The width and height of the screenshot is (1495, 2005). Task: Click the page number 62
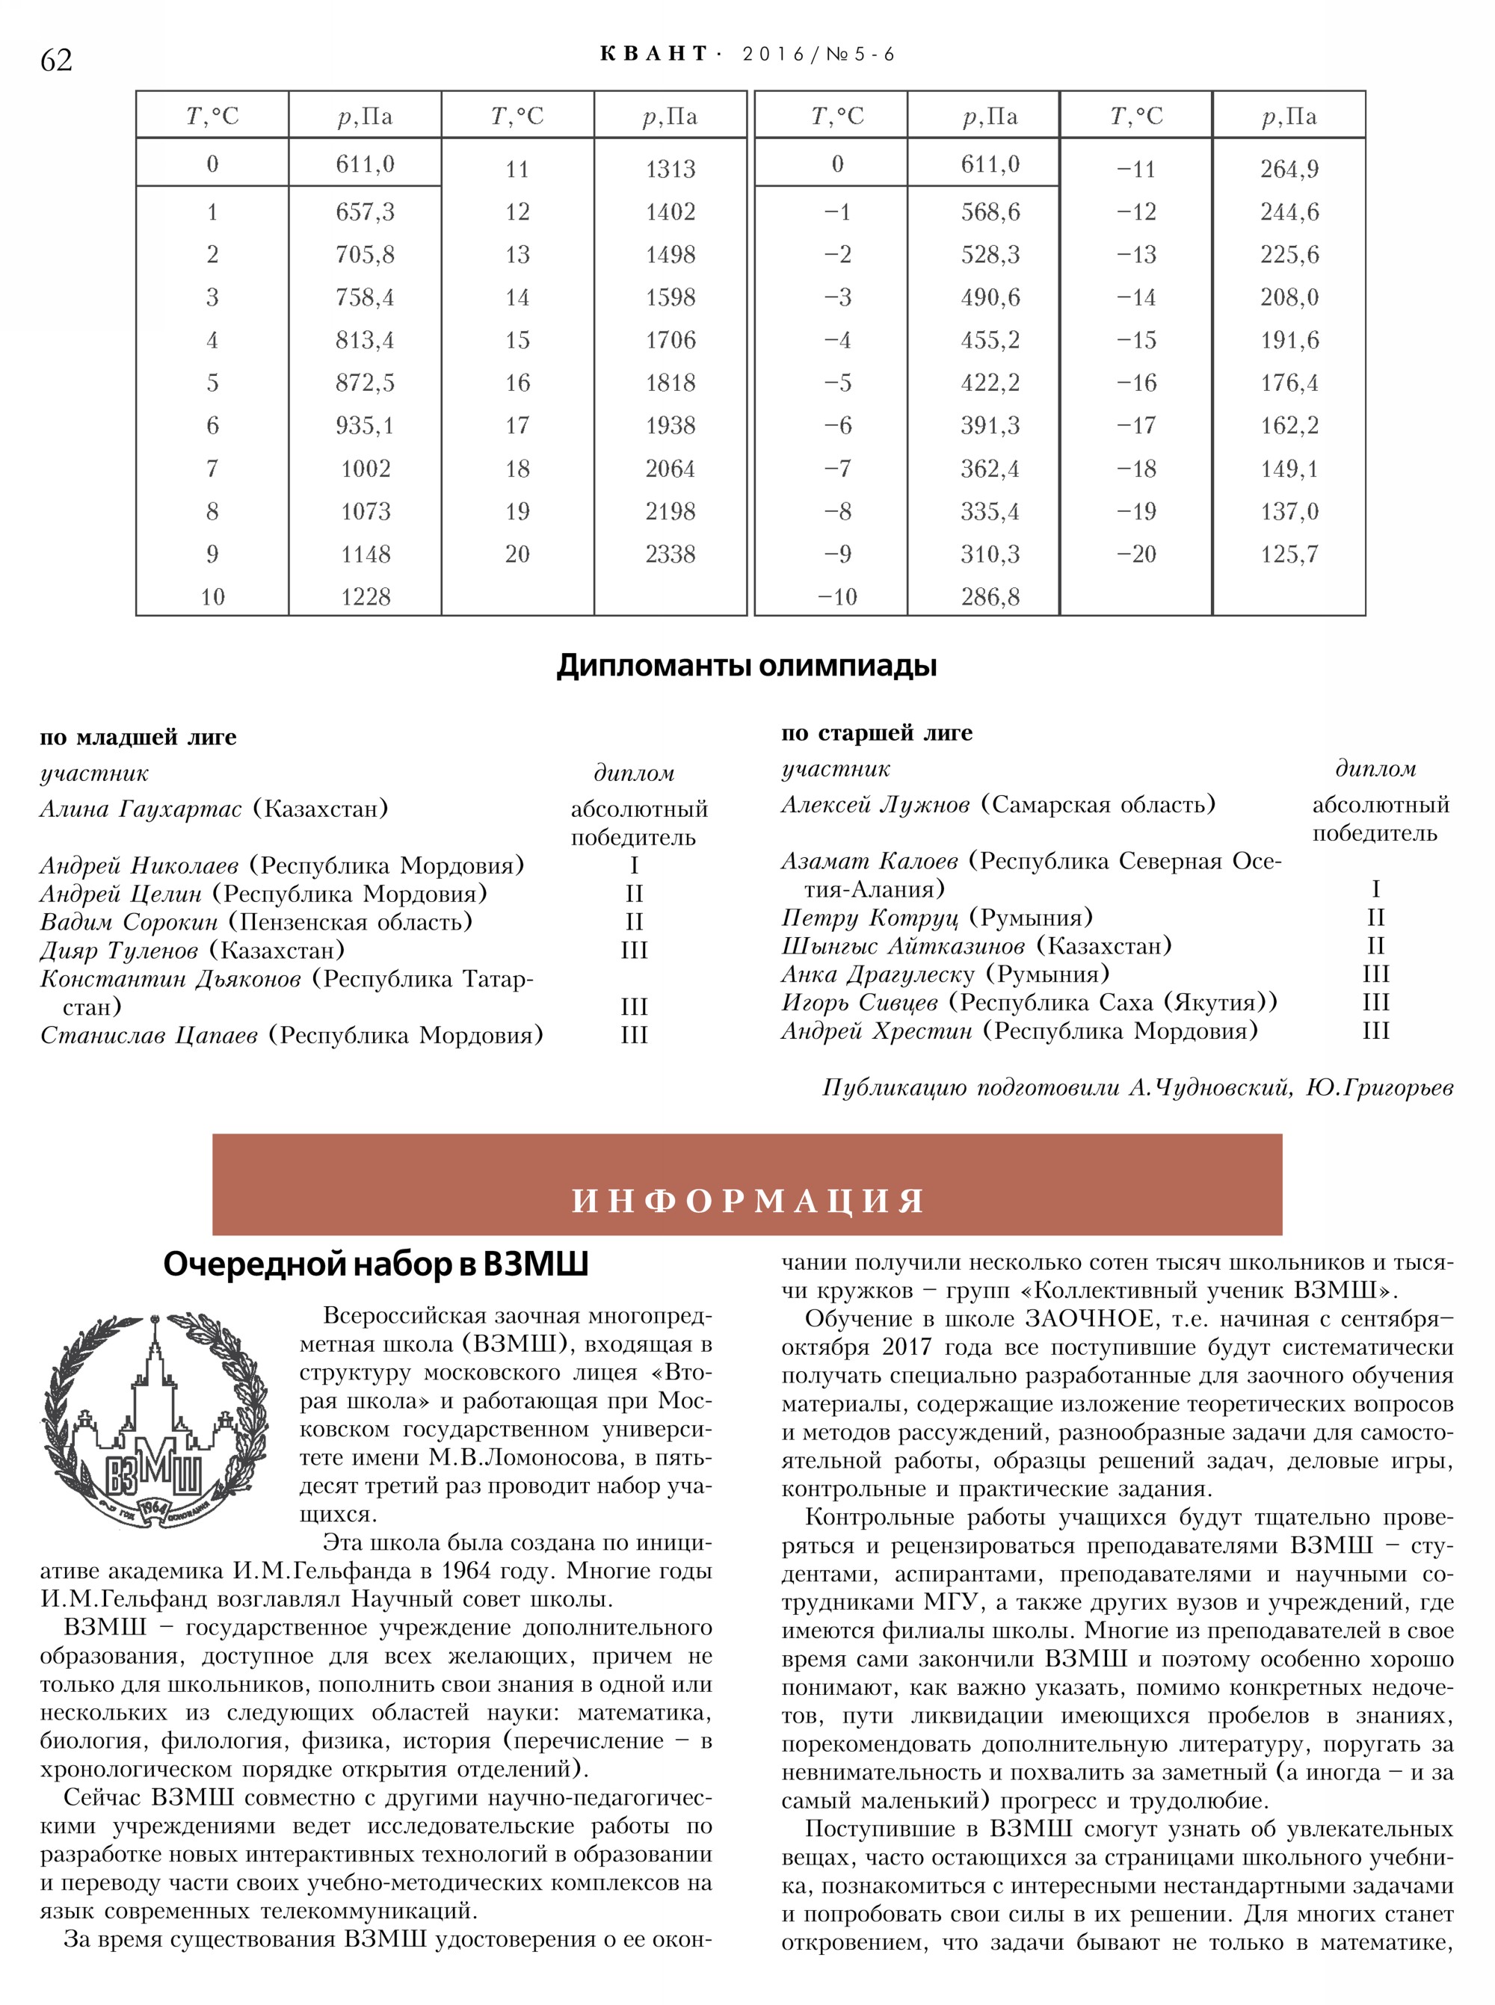(56, 60)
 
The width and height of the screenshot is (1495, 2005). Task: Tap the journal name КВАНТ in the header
(653, 55)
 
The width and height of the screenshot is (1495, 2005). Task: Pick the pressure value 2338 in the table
(670, 554)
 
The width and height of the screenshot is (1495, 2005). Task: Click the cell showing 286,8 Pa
(990, 597)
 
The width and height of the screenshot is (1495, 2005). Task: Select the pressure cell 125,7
(1289, 554)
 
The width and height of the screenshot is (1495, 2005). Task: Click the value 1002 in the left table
(365, 469)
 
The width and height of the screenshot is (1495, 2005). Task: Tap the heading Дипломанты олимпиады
(747, 666)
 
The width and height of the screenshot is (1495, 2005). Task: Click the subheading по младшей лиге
(138, 738)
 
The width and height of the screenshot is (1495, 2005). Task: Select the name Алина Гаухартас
(141, 809)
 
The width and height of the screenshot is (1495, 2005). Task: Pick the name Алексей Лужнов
(875, 804)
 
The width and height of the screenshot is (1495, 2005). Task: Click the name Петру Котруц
(869, 918)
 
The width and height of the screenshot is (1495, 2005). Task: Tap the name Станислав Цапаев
(149, 1035)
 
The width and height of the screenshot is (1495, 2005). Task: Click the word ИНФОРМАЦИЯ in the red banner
(747, 1201)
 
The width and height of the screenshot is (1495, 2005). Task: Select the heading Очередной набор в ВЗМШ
(375, 1264)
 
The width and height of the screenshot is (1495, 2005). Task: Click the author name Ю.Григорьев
(1379, 1087)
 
